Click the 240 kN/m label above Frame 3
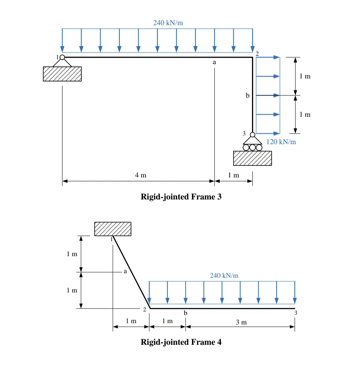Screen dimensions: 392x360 click(168, 23)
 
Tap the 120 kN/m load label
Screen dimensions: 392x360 click(281, 142)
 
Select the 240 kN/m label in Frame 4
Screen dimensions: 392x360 click(224, 275)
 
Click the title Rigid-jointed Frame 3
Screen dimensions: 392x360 click(181, 197)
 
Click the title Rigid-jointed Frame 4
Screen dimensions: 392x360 click(181, 342)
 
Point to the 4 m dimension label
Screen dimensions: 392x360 click(141, 175)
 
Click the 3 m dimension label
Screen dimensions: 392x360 click(241, 322)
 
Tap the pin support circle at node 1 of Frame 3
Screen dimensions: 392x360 click(62, 57)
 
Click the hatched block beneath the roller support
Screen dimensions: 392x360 click(252, 158)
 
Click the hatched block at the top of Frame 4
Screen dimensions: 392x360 click(113, 229)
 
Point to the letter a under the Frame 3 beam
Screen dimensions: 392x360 click(214, 62)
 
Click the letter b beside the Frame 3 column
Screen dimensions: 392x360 click(247, 96)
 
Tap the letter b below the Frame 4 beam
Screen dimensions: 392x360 click(186, 313)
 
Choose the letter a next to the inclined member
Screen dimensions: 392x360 click(125, 271)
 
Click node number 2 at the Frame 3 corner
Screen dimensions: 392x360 click(257, 53)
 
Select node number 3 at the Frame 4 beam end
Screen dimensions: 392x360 click(295, 313)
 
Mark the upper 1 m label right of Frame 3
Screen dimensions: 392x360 click(305, 76)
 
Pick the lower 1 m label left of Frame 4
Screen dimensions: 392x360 click(72, 290)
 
